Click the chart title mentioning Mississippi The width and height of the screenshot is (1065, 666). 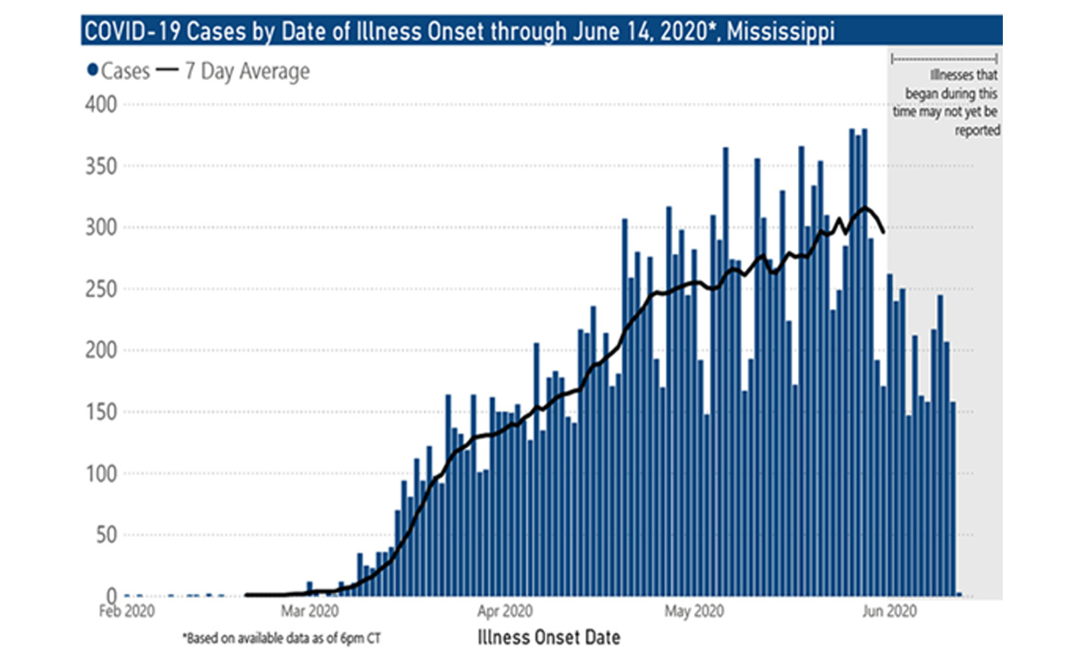[x=458, y=33]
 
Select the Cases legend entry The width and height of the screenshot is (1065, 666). [x=118, y=71]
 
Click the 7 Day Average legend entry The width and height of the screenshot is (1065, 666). [x=234, y=71]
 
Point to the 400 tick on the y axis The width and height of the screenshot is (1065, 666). [x=108, y=105]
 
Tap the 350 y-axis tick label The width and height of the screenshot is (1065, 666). [x=108, y=166]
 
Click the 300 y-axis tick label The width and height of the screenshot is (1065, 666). [x=108, y=227]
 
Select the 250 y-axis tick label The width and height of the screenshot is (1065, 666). [x=108, y=289]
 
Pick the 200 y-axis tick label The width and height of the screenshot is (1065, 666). [x=108, y=350]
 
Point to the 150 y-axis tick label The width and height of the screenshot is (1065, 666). [x=108, y=411]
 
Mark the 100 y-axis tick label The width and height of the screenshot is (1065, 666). [x=108, y=473]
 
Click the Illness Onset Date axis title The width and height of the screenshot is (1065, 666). [x=548, y=637]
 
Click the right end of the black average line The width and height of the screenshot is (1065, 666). [x=883, y=233]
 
